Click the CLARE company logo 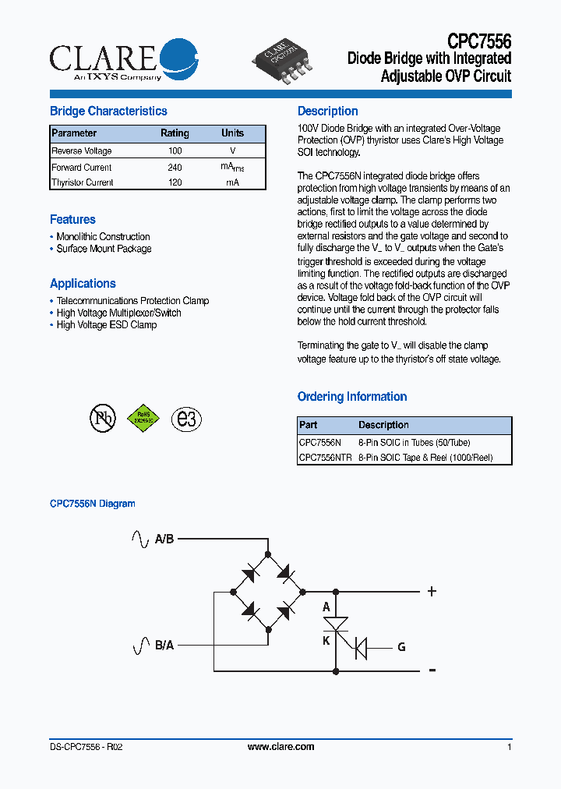(x=123, y=59)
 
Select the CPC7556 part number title (x=479, y=41)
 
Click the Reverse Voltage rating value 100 (x=175, y=151)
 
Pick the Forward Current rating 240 (x=175, y=168)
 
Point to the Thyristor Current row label (x=82, y=182)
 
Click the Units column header (x=232, y=133)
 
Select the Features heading (x=72, y=220)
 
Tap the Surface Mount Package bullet (x=104, y=249)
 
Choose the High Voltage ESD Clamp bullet (x=106, y=324)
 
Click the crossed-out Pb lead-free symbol (x=102, y=419)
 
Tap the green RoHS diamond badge (x=143, y=418)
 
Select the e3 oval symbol (x=186, y=419)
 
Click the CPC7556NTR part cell (x=325, y=458)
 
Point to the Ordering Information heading (x=352, y=397)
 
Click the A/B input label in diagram (x=164, y=539)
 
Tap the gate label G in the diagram (x=401, y=647)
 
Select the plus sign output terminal (x=432, y=592)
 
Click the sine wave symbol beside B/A (x=141, y=646)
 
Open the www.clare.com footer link (x=280, y=747)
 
